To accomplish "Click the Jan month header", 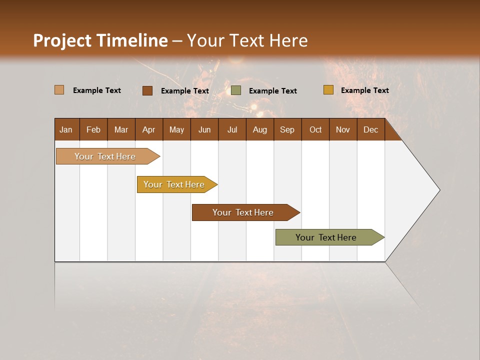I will [66, 129].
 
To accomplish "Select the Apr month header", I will [148, 129].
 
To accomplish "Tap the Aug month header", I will [259, 129].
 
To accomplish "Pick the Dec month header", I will [370, 129].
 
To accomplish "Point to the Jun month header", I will [204, 129].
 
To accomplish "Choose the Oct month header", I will [315, 129].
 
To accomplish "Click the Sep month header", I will [287, 129].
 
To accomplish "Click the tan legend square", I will [59, 90].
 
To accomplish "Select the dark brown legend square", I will [147, 90].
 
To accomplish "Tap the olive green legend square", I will [236, 90].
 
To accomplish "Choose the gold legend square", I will [328, 90].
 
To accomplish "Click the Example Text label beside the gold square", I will [364, 90].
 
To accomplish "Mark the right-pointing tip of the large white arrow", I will [438, 190].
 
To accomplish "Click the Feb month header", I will [93, 129].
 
